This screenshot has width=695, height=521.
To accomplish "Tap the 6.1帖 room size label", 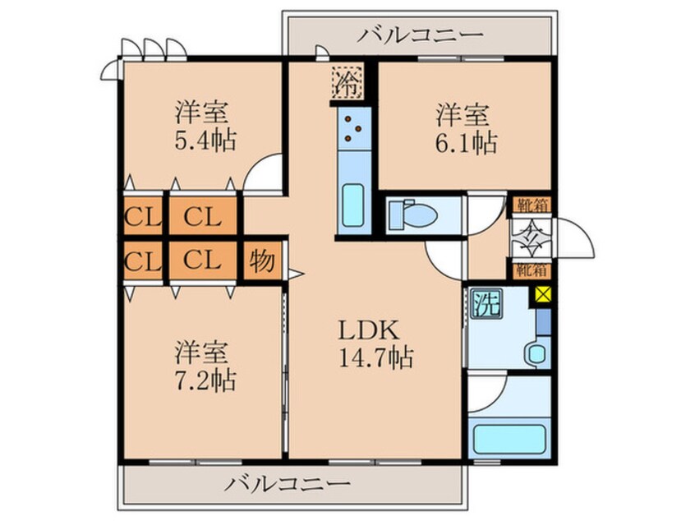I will pyautogui.click(x=466, y=142).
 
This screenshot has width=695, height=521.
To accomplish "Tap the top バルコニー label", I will pyautogui.click(x=421, y=35).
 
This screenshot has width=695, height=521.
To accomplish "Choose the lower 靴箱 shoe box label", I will pyautogui.click(x=531, y=268).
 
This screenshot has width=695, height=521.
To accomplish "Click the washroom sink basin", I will pyautogui.click(x=537, y=354).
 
